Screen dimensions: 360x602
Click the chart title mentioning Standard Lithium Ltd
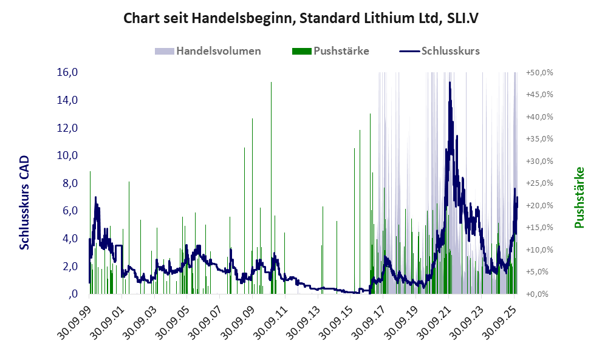click(x=301, y=18)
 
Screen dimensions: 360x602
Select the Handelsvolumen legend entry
click(x=219, y=51)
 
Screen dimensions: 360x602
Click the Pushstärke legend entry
click(x=341, y=51)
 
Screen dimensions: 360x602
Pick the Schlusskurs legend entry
click(x=450, y=51)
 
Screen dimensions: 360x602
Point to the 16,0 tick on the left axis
click(x=67, y=72)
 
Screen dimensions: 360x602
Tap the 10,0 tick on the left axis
click(x=67, y=155)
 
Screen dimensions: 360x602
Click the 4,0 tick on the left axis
click(x=67, y=239)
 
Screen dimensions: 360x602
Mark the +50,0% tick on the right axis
click(x=539, y=72)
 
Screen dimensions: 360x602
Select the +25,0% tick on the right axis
click(x=539, y=183)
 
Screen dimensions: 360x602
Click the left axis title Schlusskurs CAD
click(x=25, y=202)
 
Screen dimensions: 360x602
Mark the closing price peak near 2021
click(x=450, y=83)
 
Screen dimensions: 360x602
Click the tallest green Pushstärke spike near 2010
click(x=271, y=83)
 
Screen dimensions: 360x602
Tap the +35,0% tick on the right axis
click(x=539, y=139)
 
